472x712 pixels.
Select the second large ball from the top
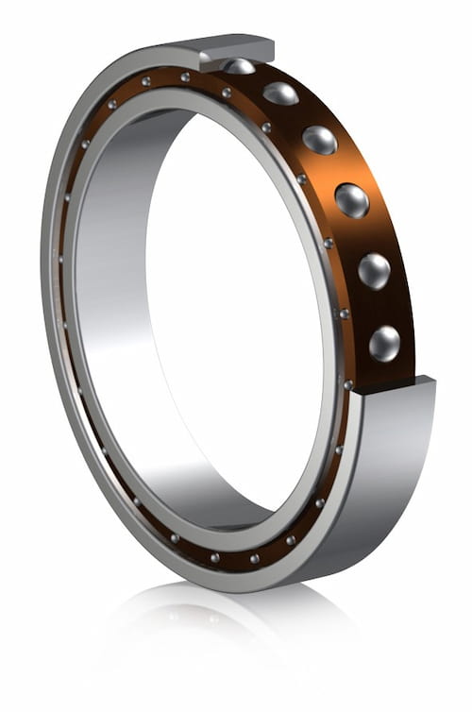pos(280,93)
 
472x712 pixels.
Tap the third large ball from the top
pos(319,139)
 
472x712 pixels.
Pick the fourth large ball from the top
pos(351,199)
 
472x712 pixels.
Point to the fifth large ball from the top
pos(374,270)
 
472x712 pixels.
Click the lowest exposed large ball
pos(384,342)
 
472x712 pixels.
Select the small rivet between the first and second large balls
pos(227,92)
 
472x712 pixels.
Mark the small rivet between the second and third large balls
pos(266,127)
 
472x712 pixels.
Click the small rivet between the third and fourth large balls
pos(301,178)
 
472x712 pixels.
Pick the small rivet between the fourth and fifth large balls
pos(328,243)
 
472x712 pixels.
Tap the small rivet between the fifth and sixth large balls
pos(344,313)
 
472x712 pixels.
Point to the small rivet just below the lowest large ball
pos(348,384)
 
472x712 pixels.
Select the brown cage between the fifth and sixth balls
pos(387,306)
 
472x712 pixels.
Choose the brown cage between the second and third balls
pos(307,113)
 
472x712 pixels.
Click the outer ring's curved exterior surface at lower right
pos(396,491)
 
